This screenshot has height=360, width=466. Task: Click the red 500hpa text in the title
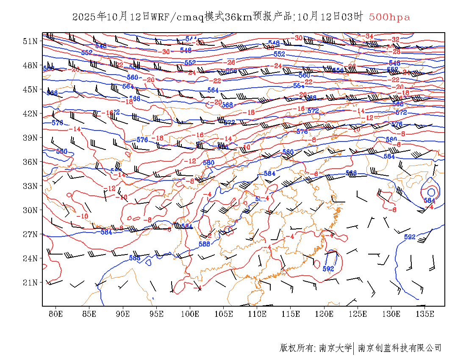click(x=389, y=17)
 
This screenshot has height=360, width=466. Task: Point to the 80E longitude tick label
click(x=55, y=314)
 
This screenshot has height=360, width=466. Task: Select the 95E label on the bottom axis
click(x=156, y=314)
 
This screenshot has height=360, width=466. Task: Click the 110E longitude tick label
click(x=257, y=314)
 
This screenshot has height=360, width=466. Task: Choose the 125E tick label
click(x=358, y=314)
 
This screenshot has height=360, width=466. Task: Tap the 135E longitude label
click(x=425, y=314)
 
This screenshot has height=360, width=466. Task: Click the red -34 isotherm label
click(x=369, y=36)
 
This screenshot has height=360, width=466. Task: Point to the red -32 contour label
click(x=395, y=40)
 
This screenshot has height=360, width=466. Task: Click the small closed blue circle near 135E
click(x=431, y=193)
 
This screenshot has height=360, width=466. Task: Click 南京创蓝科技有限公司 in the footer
click(x=399, y=348)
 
